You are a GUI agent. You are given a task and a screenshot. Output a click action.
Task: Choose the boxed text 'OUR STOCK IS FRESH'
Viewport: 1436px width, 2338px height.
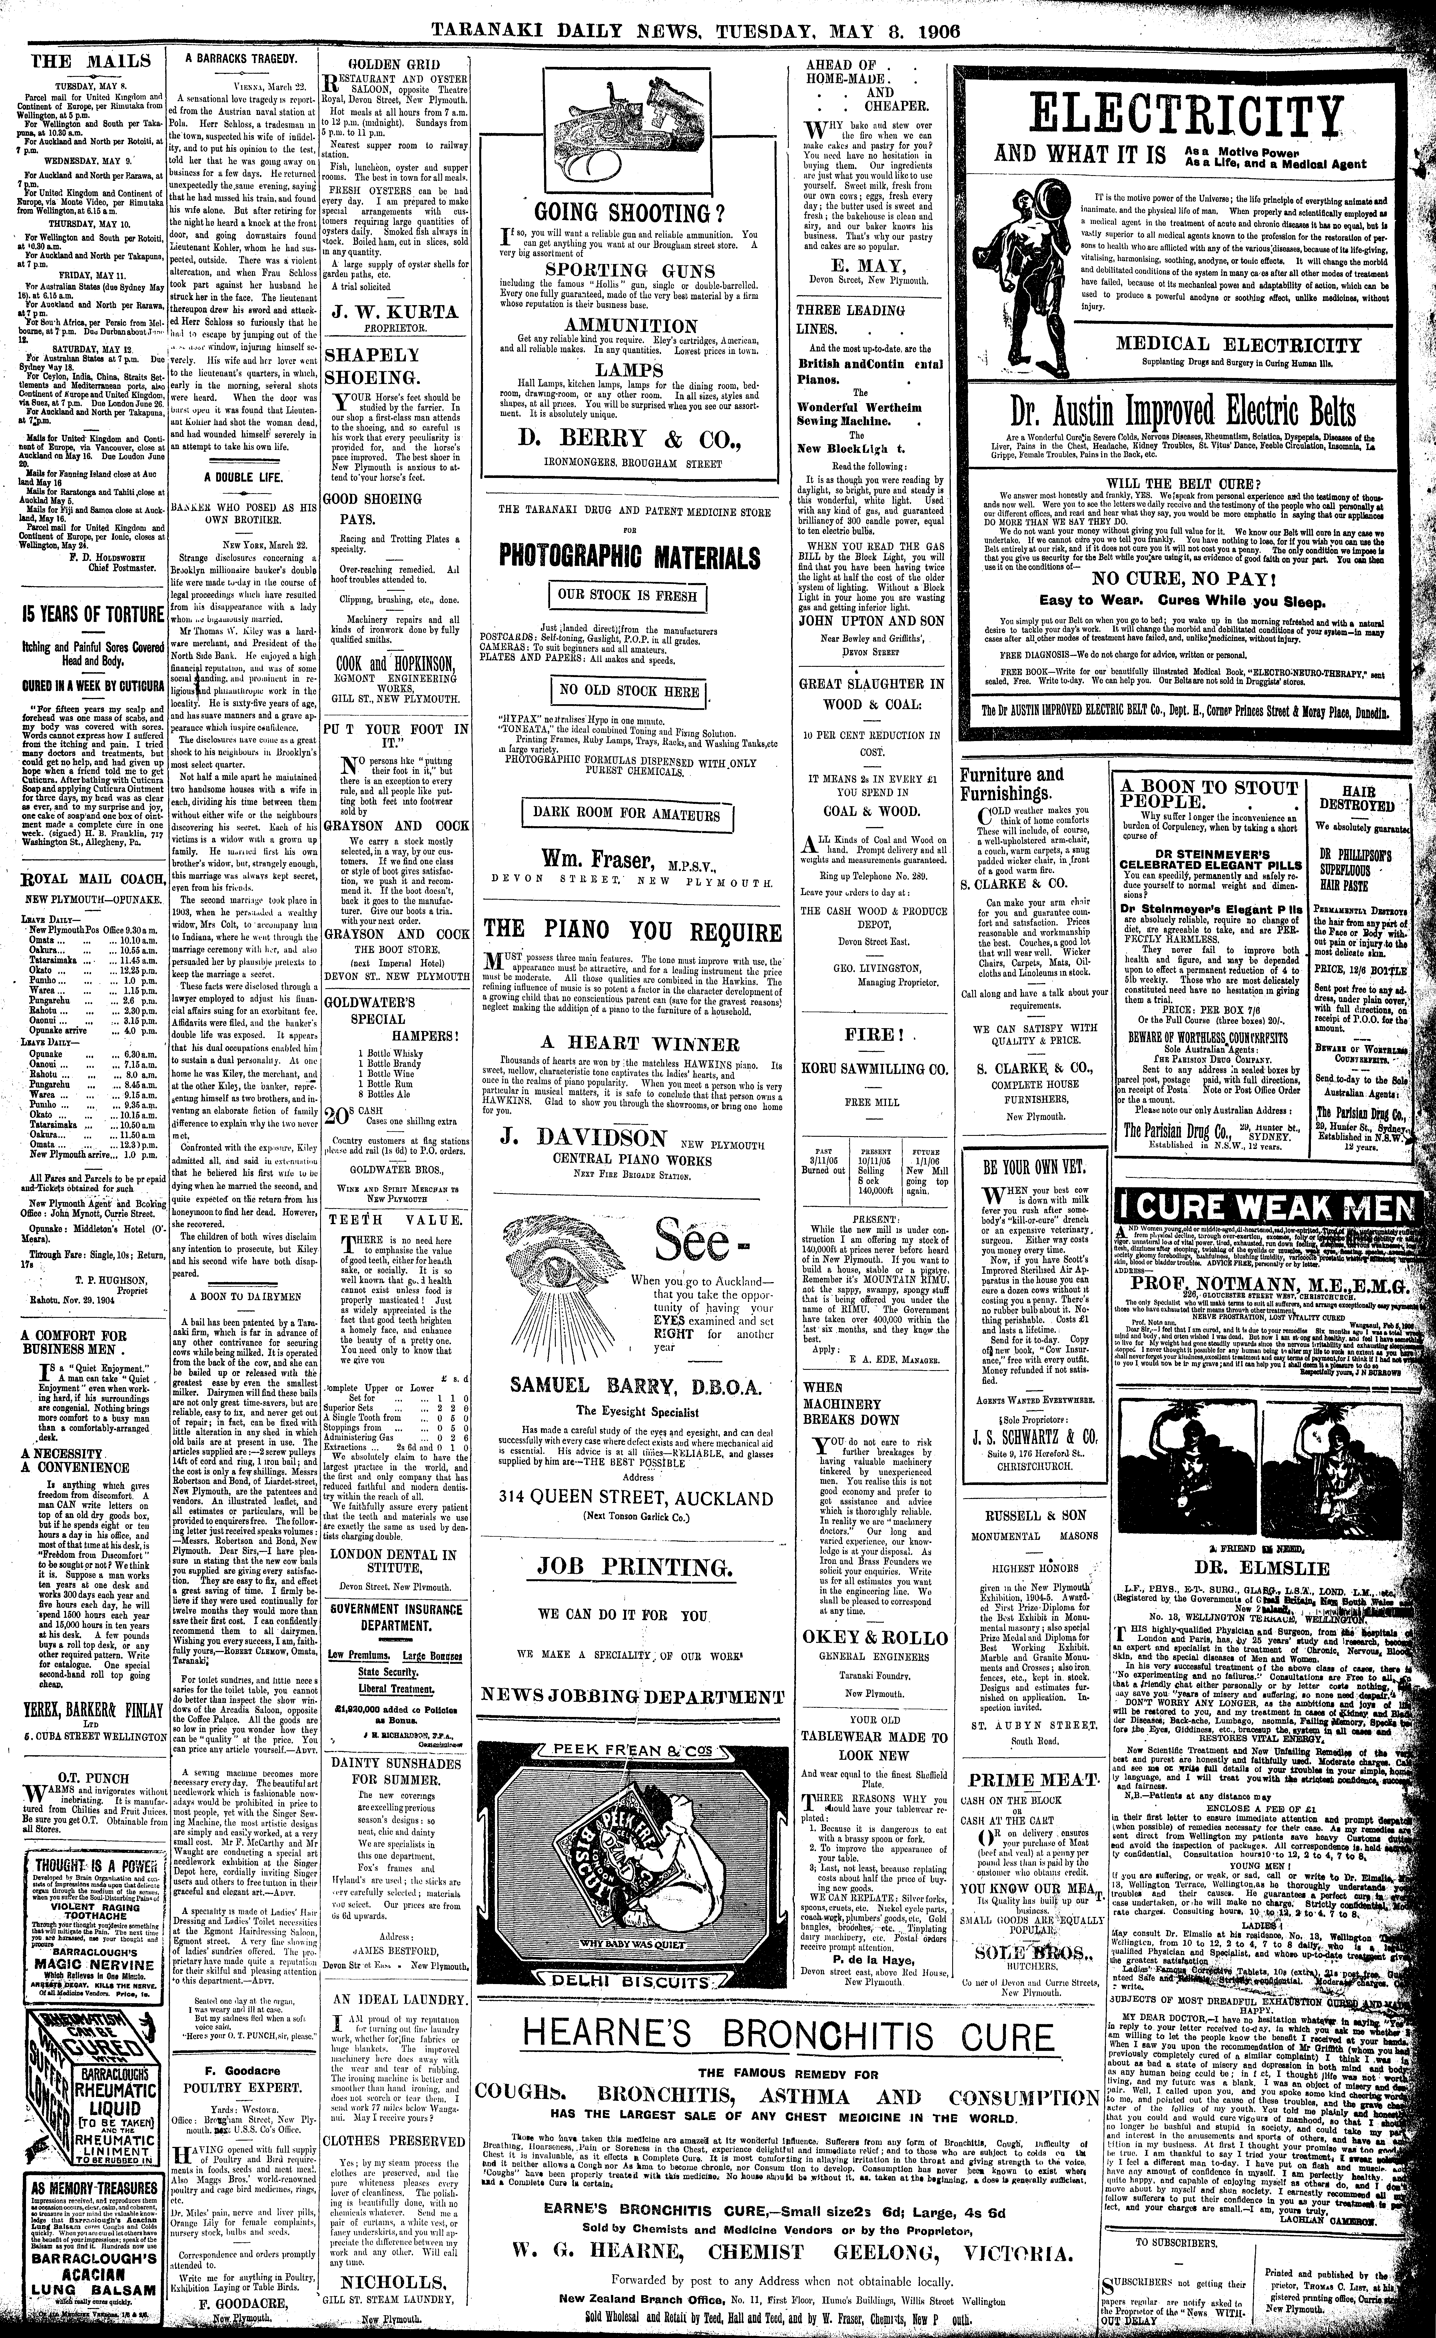[x=628, y=596]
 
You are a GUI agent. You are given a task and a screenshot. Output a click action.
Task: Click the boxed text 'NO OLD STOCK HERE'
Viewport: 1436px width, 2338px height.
[x=628, y=692]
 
